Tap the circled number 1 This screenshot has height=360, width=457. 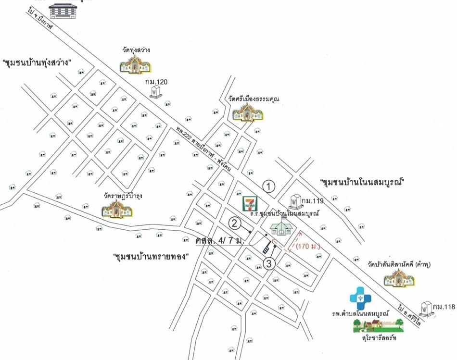pyautogui.click(x=269, y=186)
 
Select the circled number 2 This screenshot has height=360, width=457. pyautogui.click(x=234, y=223)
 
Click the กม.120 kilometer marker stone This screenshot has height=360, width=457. pyautogui.click(x=155, y=91)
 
